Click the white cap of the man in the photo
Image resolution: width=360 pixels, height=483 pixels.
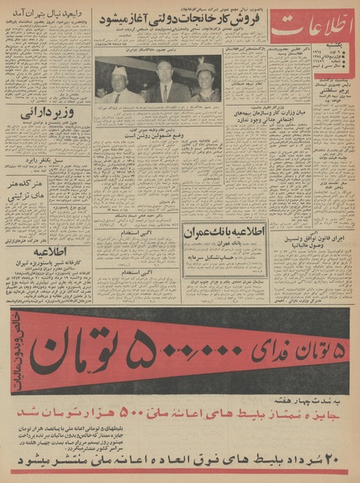119,72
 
